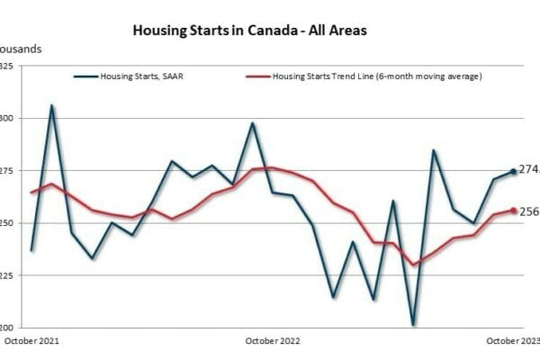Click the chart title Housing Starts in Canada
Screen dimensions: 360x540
tap(249, 30)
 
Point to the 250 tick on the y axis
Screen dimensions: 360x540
tap(6, 223)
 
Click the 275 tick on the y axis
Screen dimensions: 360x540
tap(6, 171)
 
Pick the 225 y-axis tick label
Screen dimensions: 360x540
tap(6, 276)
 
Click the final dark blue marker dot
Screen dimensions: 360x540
tap(514, 171)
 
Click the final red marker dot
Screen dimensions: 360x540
tap(514, 211)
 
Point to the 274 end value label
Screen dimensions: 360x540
tap(529, 169)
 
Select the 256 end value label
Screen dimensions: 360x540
tap(529, 211)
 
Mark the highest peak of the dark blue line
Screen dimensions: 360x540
tap(51, 105)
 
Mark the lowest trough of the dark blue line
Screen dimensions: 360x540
tap(413, 325)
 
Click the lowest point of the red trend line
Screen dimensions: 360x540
tap(414, 265)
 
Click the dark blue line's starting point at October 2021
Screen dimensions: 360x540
tap(31, 250)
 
